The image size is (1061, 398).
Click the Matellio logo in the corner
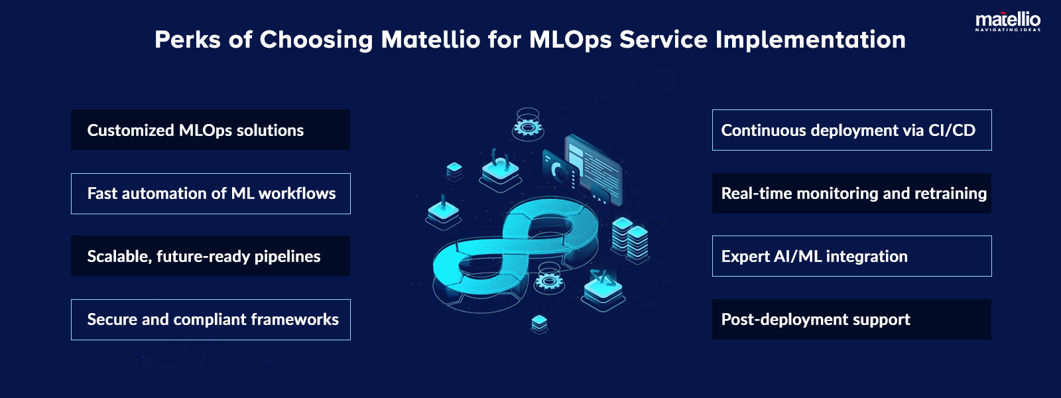1007,21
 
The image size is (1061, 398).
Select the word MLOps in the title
570,40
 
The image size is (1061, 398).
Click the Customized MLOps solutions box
210,130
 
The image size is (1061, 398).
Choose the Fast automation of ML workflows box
210,194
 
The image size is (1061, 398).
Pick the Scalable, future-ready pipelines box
210,256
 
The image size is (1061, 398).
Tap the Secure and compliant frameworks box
210,320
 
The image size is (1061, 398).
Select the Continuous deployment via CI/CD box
851,130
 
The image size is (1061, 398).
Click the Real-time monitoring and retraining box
851,194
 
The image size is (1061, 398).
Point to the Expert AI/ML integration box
851,256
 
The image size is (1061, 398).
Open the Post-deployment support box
851,320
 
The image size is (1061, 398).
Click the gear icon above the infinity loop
528,125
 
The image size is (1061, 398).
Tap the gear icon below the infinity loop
548,280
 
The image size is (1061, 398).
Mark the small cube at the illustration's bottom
539,323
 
